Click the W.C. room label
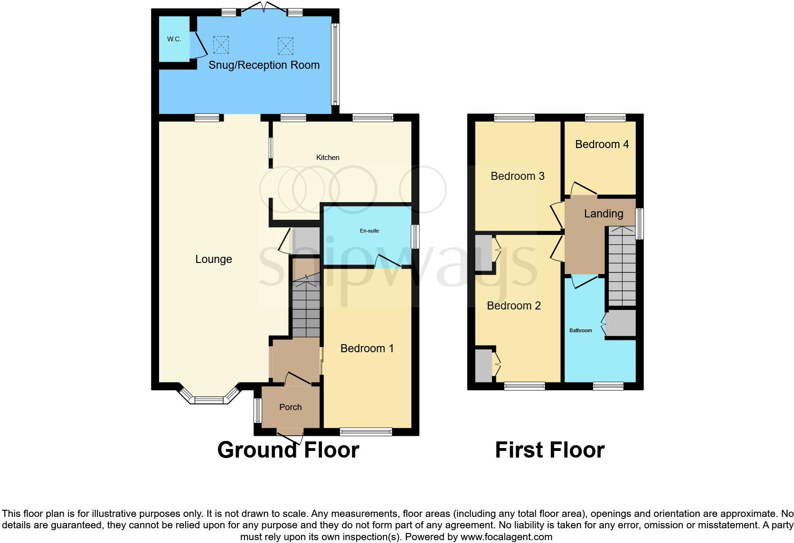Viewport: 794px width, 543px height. [x=174, y=39]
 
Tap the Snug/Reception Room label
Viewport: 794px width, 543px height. [x=264, y=65]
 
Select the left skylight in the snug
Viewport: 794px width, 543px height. [x=221, y=45]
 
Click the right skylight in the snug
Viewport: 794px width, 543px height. [x=285, y=46]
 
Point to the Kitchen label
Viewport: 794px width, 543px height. [x=328, y=158]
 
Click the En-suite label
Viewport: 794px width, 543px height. [x=369, y=231]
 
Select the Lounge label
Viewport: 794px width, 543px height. [x=214, y=259]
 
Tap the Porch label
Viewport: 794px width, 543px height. [x=290, y=407]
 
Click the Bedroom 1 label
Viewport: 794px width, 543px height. [x=367, y=348]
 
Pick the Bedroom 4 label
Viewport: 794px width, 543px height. [x=602, y=144]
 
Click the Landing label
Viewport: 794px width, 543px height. [x=603, y=214]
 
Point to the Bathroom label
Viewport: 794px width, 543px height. [x=581, y=330]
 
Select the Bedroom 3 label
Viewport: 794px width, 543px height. [x=517, y=176]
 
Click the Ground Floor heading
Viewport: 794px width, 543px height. [x=288, y=450]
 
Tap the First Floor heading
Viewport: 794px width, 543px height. [x=549, y=450]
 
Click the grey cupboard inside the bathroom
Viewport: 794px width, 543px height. [x=621, y=324]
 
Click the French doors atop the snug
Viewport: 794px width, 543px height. [x=264, y=11]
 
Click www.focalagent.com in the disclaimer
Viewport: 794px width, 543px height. [x=507, y=537]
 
